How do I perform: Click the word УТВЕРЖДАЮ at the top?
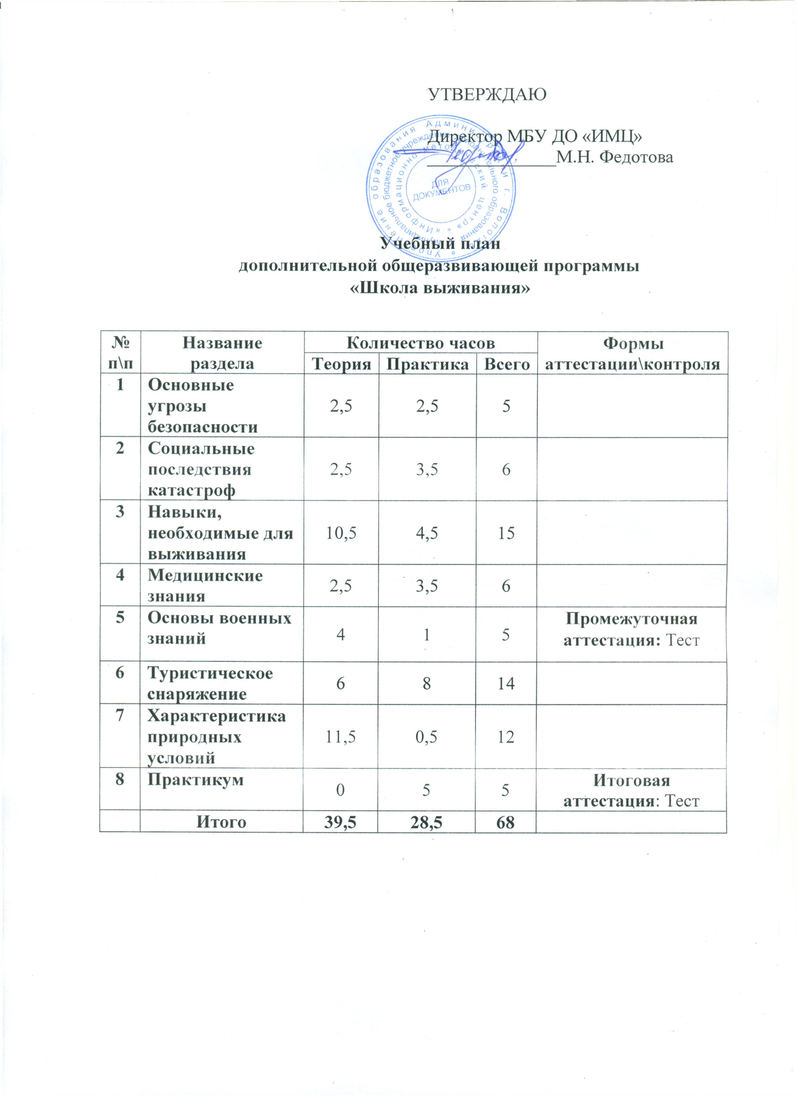pyautogui.click(x=488, y=94)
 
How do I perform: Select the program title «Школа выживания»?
pyautogui.click(x=439, y=289)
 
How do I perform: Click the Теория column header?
pyautogui.click(x=341, y=363)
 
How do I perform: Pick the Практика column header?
pyautogui.click(x=428, y=363)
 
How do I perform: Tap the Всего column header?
pyautogui.click(x=506, y=363)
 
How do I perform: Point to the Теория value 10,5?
pyautogui.click(x=341, y=533)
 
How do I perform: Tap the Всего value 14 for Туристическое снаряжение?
pyautogui.click(x=506, y=683)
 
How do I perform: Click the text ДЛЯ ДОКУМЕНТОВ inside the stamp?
pyautogui.click(x=441, y=189)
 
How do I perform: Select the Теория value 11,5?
pyautogui.click(x=341, y=737)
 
